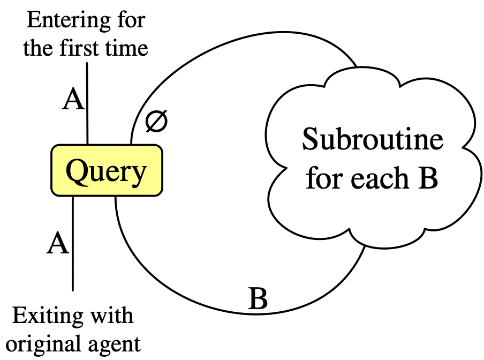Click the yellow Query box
(x=106, y=170)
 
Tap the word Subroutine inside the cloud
(x=373, y=140)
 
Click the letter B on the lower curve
(x=258, y=299)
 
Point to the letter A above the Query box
(x=73, y=100)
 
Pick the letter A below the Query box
(x=58, y=244)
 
